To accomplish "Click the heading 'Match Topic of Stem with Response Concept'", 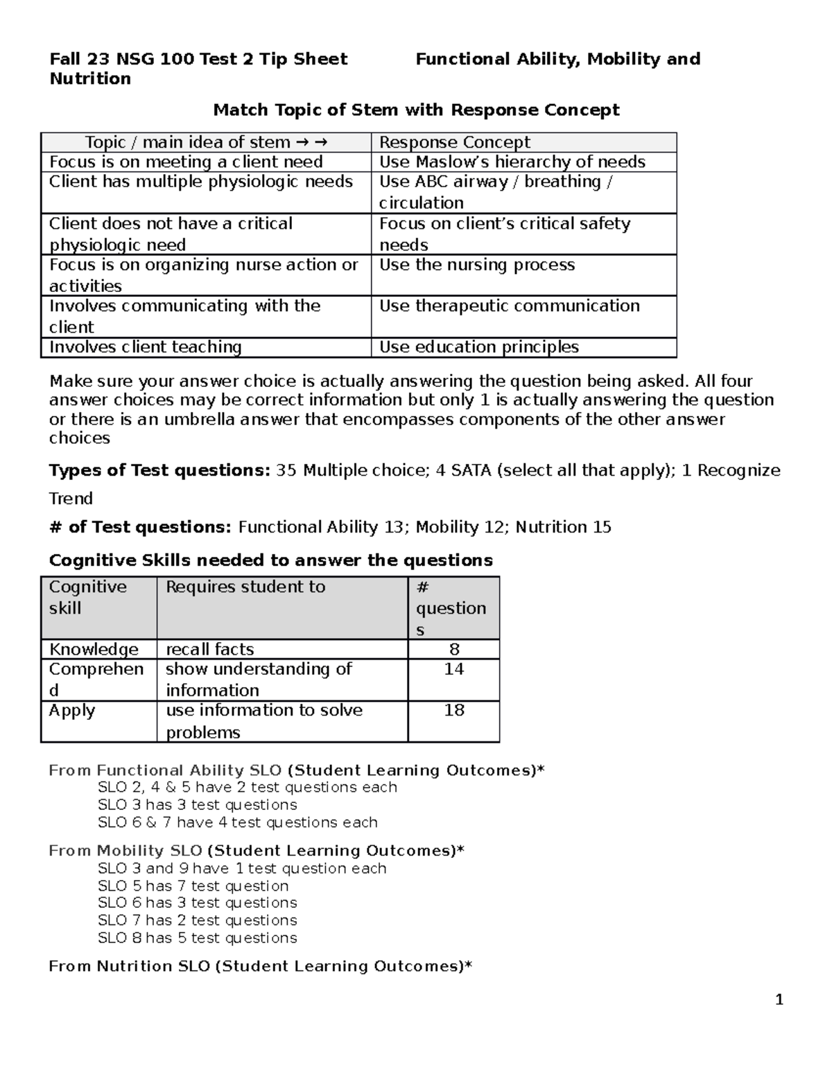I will (x=416, y=110).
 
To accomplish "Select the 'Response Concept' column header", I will (x=454, y=142).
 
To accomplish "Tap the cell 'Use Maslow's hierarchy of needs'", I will (x=512, y=162).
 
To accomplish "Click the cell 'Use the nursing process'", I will (x=477, y=265).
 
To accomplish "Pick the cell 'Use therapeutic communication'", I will (x=509, y=306).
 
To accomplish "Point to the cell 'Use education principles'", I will (x=478, y=347).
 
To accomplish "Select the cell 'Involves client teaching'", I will (x=146, y=347).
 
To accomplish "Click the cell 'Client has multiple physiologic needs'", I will (x=201, y=182).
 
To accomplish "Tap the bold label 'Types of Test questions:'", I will (x=159, y=470).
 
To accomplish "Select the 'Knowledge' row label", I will (x=94, y=649).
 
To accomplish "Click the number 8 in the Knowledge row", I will (x=454, y=649).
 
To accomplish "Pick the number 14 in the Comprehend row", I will (x=454, y=669).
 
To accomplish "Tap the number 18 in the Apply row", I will (x=454, y=710).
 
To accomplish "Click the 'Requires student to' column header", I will (x=245, y=587).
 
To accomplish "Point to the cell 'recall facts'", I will (x=210, y=649).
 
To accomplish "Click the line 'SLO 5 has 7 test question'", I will (x=193, y=886).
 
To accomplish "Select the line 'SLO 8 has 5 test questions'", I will (x=197, y=938).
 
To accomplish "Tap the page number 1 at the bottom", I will (x=779, y=999).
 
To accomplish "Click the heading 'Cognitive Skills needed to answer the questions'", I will (x=271, y=560).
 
